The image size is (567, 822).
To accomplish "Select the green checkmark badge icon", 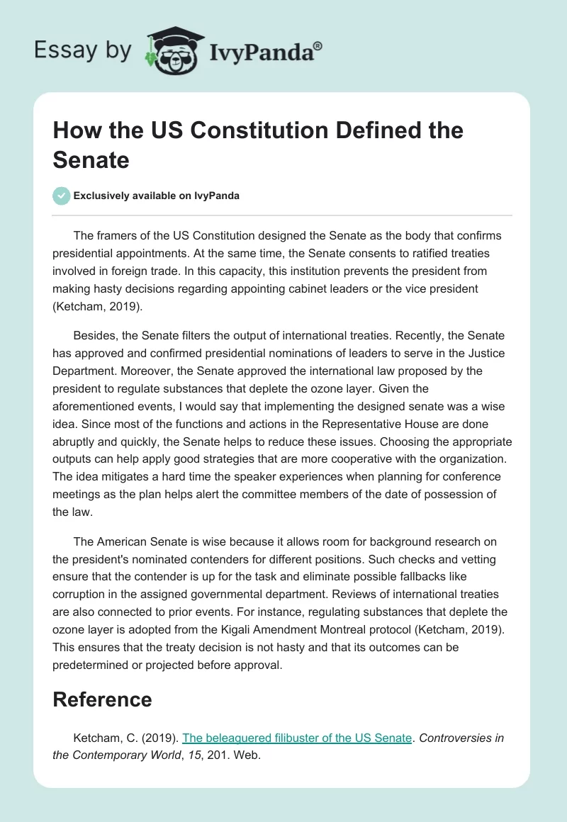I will click(x=62, y=196).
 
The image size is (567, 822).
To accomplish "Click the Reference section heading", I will click(x=102, y=699).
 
